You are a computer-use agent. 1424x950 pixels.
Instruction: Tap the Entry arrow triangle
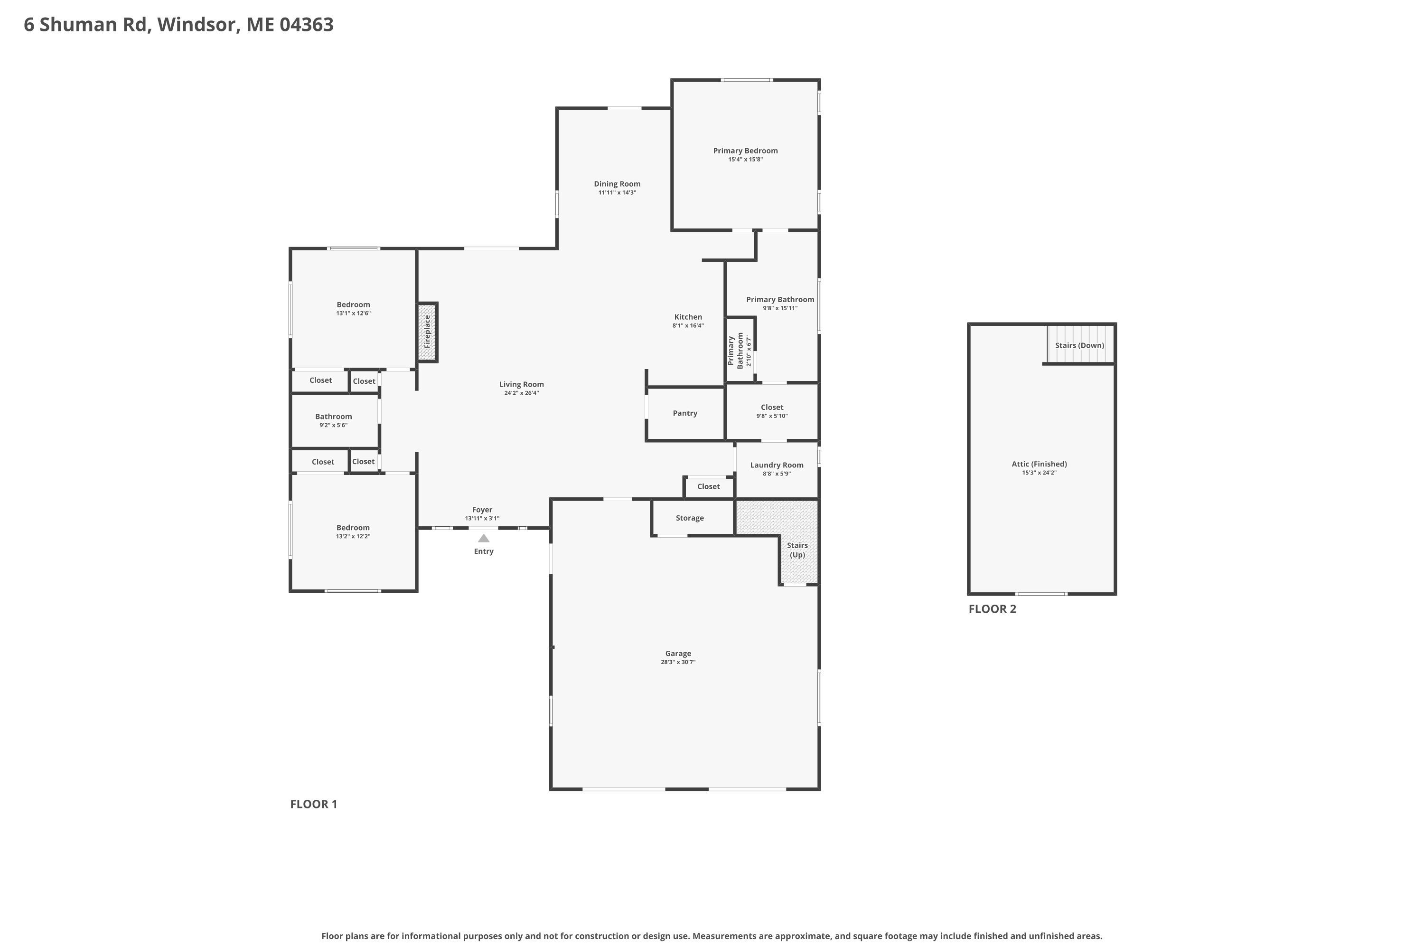(484, 538)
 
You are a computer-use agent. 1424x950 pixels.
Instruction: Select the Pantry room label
(685, 413)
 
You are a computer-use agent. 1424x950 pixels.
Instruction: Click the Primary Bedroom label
(745, 151)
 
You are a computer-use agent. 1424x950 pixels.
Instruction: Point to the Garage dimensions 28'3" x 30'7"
(678, 662)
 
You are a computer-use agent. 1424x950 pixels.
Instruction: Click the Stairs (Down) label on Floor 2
(1079, 345)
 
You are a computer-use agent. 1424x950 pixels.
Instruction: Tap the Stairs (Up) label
(797, 550)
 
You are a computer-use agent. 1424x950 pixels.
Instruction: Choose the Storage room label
(690, 518)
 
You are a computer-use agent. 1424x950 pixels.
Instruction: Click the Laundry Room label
(777, 465)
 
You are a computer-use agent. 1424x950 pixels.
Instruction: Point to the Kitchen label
(688, 317)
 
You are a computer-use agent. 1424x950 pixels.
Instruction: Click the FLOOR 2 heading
(993, 609)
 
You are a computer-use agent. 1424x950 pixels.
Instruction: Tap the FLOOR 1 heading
(314, 804)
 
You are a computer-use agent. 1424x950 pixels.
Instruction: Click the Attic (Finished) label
(1039, 464)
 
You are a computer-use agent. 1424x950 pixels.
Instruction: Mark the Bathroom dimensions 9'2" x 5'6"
(334, 425)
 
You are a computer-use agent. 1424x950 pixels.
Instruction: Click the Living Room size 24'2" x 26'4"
(521, 393)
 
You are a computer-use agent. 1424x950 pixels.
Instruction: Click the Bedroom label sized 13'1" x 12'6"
(353, 305)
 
